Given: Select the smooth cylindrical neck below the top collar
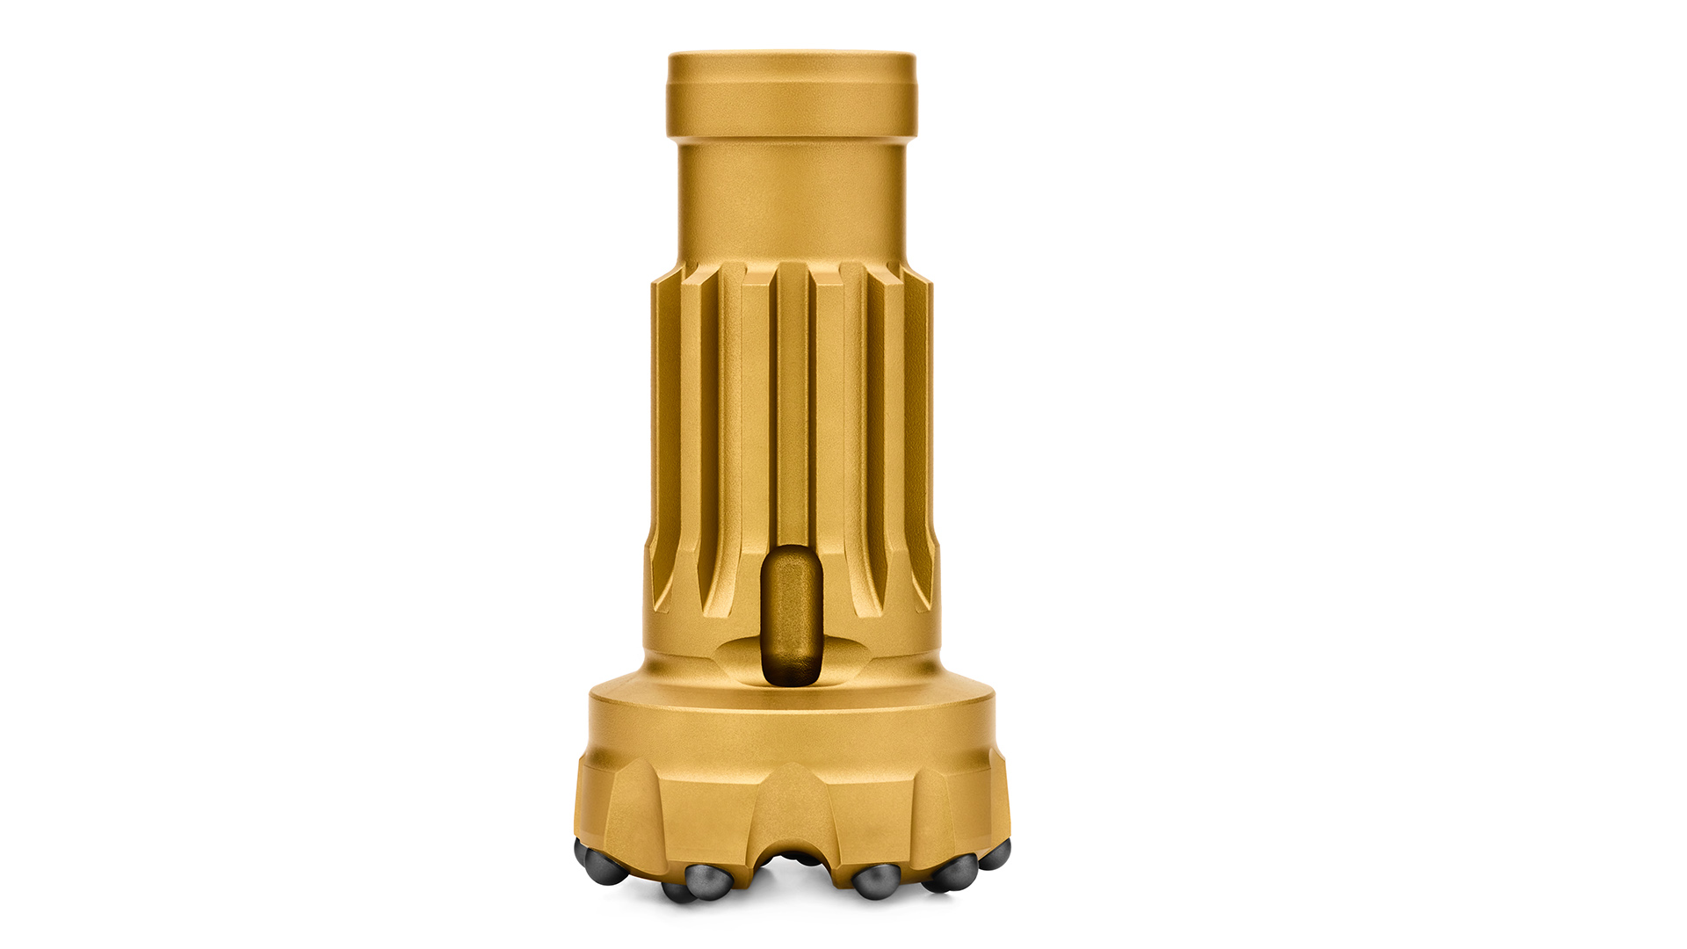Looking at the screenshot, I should (791, 198).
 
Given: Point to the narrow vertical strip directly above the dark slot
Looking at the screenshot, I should (792, 404).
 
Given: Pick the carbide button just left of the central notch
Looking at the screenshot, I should (706, 880).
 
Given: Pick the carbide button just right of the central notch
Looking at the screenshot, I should (876, 880).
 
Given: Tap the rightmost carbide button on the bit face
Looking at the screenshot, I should (996, 854).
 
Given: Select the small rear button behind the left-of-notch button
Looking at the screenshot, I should (677, 892).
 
